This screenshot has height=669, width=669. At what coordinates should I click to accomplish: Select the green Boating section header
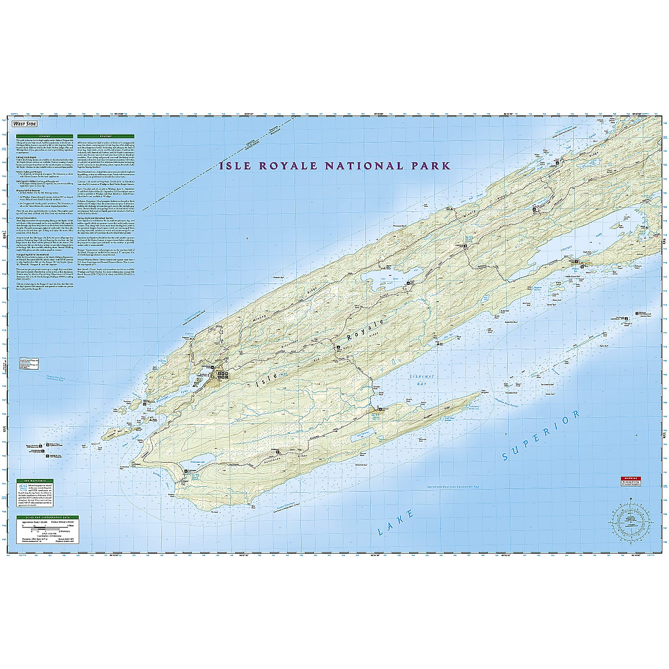105,135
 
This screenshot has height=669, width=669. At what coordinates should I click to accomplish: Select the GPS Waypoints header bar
31,480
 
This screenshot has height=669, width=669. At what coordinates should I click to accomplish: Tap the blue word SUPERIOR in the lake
541,437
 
